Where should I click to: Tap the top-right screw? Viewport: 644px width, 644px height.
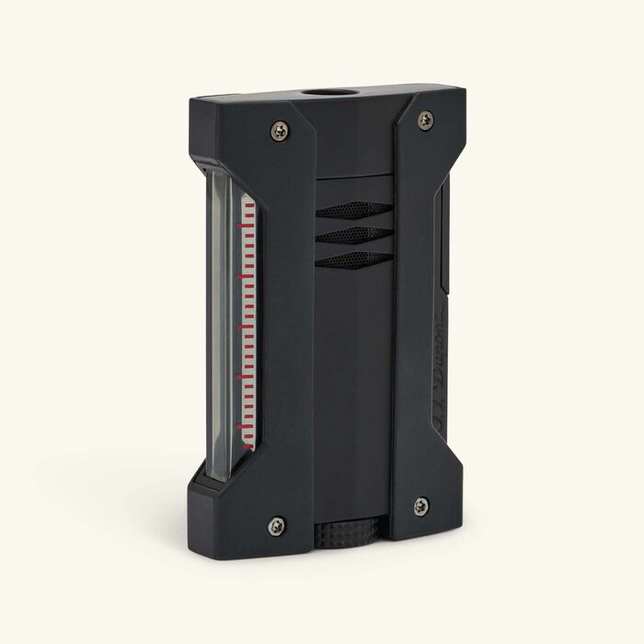coord(425,119)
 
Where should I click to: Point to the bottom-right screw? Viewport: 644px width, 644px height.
coord(420,505)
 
